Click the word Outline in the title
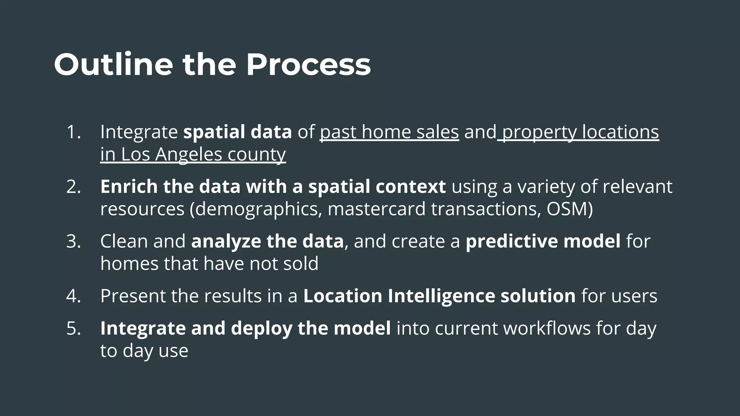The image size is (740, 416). (113, 65)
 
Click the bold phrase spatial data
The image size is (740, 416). (237, 132)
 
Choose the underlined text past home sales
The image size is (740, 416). (389, 132)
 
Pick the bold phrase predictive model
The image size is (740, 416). (543, 241)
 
